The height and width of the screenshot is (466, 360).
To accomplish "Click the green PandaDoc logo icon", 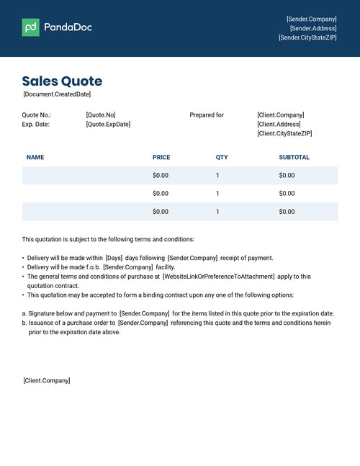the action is [30, 27].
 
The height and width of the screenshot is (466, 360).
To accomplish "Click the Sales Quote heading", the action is [62, 81].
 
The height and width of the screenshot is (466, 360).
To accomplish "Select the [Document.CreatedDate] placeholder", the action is [57, 94].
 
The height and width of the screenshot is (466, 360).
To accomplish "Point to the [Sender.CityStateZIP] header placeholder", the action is [307, 37].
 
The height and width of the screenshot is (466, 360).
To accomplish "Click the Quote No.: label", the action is [37, 115].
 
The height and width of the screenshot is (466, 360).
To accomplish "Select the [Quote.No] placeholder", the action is [100, 115].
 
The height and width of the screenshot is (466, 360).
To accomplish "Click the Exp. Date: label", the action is [36, 125].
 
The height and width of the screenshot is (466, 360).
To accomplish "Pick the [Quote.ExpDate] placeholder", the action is [108, 125].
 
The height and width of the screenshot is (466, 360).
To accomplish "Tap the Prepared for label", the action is [207, 115].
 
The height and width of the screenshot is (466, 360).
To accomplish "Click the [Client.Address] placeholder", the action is [280, 125].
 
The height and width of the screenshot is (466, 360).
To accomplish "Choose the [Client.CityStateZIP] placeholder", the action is [284, 134].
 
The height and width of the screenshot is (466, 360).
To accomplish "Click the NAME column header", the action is [35, 157].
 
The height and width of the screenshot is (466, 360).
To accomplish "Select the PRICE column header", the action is [161, 157].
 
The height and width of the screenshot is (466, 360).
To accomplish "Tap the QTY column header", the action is [222, 157].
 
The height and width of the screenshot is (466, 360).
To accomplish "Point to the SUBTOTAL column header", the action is [294, 157].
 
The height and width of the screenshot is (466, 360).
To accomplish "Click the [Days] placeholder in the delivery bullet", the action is [114, 258].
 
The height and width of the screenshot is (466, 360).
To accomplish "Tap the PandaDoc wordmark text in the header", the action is [68, 27].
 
